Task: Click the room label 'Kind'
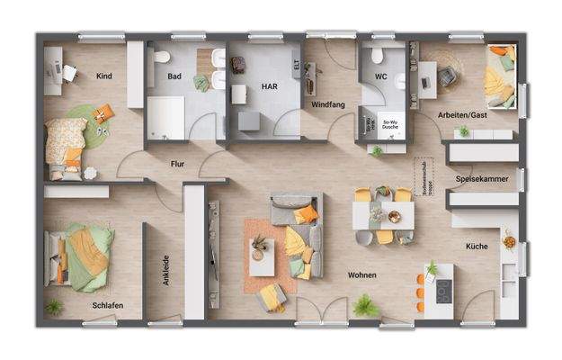pyautogui.click(x=104, y=76)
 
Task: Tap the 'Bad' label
pyautogui.click(x=175, y=76)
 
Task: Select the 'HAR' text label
pyautogui.click(x=269, y=88)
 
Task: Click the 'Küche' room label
pyautogui.click(x=476, y=246)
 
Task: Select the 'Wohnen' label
pyautogui.click(x=362, y=274)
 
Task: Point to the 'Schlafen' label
pyautogui.click(x=107, y=306)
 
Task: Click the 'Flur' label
pyautogui.click(x=177, y=164)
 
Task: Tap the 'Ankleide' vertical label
pyautogui.click(x=166, y=269)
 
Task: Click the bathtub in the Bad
pyautogui.click(x=165, y=116)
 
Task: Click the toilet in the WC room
pyautogui.click(x=378, y=57)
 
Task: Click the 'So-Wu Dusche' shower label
pyautogui.click(x=391, y=124)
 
